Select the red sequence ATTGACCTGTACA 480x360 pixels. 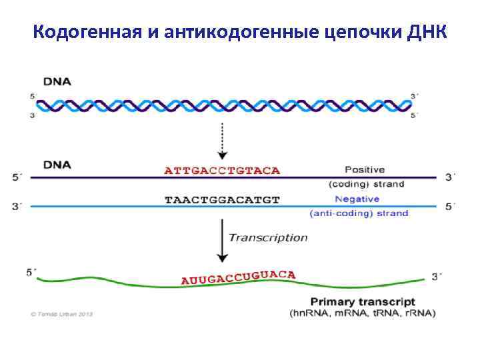(222, 170)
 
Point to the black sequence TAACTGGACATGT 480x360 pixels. (222, 199)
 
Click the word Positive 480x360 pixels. (365, 169)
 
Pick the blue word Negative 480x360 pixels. (357, 199)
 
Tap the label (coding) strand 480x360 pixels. (367, 183)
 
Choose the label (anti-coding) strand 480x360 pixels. (359, 213)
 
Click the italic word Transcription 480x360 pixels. (268, 237)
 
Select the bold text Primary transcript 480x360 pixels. (363, 302)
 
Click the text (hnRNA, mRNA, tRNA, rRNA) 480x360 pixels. (363, 313)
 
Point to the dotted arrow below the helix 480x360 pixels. (222, 137)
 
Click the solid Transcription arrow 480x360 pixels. (222, 241)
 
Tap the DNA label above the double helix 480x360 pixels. (57, 81)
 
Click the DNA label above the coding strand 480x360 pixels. (57, 163)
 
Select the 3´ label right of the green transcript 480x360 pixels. (436, 276)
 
